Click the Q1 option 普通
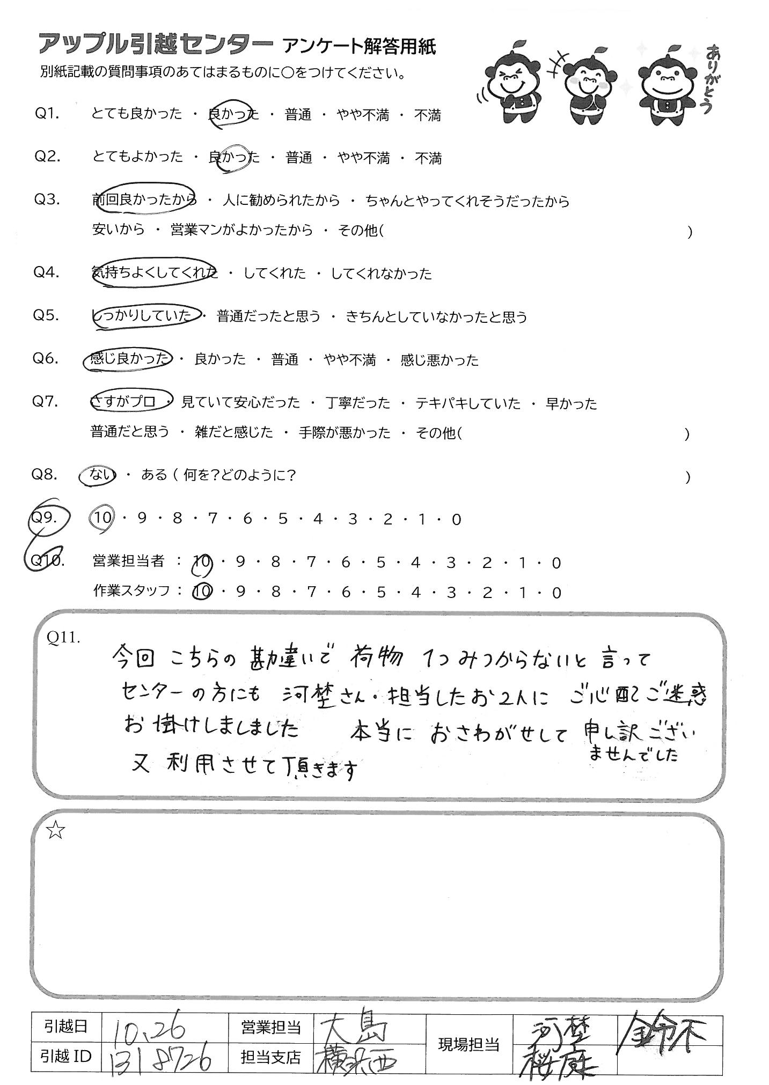298,115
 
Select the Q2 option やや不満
363,158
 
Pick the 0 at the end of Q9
457,519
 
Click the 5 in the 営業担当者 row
381,563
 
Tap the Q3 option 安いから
119,230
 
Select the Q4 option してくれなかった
381,274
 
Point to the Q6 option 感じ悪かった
439,360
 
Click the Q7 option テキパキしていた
468,403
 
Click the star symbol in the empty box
56,831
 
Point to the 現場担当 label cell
469,1044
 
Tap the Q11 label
63,637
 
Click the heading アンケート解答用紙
359,47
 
